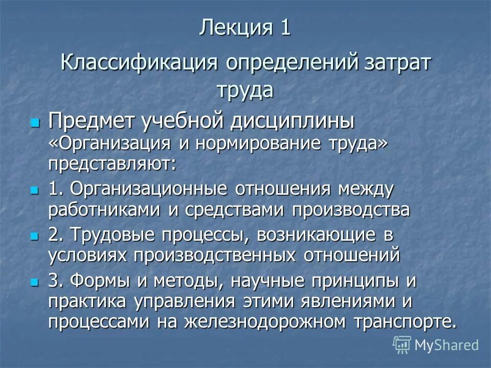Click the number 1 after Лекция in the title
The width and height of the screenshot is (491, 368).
point(285,27)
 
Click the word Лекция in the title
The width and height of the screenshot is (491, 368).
point(232,27)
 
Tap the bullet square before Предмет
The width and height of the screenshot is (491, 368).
point(35,123)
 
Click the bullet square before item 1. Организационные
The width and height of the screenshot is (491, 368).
point(35,190)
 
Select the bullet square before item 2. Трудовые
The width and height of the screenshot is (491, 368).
point(35,236)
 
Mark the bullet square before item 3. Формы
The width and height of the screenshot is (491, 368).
point(35,282)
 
